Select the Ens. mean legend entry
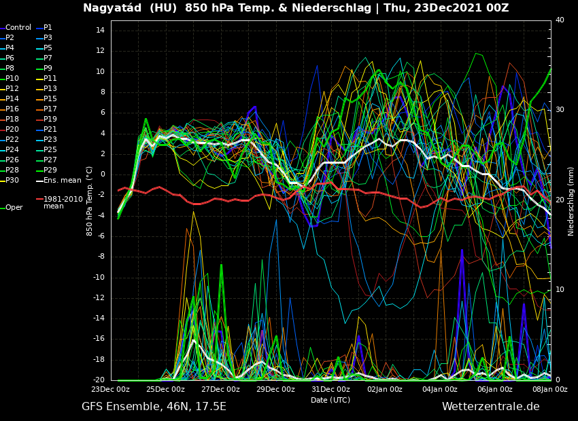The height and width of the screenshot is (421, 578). pyautogui.click(x=62, y=181)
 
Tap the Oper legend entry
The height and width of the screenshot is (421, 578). pyautogui.click(x=14, y=208)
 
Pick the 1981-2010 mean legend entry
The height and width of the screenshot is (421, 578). pyautogui.click(x=63, y=202)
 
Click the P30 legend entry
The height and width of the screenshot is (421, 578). pyautogui.click(x=12, y=181)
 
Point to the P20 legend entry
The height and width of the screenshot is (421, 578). pyautogui.click(x=12, y=130)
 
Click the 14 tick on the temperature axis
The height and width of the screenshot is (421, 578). pyautogui.click(x=99, y=31)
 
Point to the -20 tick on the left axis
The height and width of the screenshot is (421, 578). pyautogui.click(x=98, y=380)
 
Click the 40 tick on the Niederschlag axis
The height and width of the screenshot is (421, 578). pyautogui.click(x=560, y=20)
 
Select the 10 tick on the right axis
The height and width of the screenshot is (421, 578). pyautogui.click(x=560, y=290)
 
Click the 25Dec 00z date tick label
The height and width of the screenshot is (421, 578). pyautogui.click(x=165, y=390)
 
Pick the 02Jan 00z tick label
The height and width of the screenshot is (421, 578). pyautogui.click(x=385, y=390)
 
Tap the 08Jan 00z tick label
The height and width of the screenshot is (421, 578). pyautogui.click(x=549, y=390)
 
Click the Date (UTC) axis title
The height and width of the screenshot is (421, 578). pyautogui.click(x=330, y=400)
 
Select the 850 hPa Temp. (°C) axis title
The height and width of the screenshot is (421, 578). pyautogui.click(x=89, y=200)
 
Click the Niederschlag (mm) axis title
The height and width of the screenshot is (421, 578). pyautogui.click(x=571, y=201)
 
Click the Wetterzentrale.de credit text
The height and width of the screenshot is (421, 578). pyautogui.click(x=490, y=407)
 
